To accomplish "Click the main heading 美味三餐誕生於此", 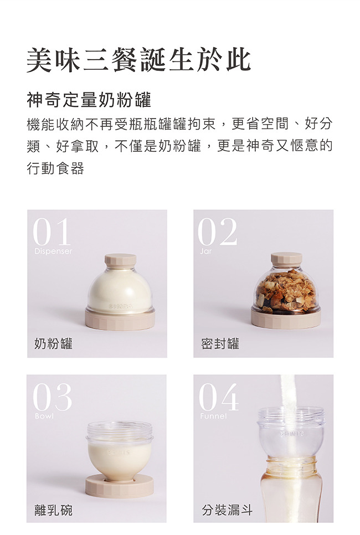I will (x=138, y=60).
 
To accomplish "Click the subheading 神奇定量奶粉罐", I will (x=89, y=100).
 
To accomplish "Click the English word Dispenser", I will (x=53, y=251).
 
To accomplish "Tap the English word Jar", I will (x=205, y=251).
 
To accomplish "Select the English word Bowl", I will (x=44, y=416).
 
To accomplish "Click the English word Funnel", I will (x=213, y=416).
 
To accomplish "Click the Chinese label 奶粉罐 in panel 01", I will (x=53, y=343).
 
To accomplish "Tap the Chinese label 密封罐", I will (x=220, y=343).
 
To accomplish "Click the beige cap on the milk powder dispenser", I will (x=120, y=260).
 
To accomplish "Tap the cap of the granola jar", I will (x=286, y=259).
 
